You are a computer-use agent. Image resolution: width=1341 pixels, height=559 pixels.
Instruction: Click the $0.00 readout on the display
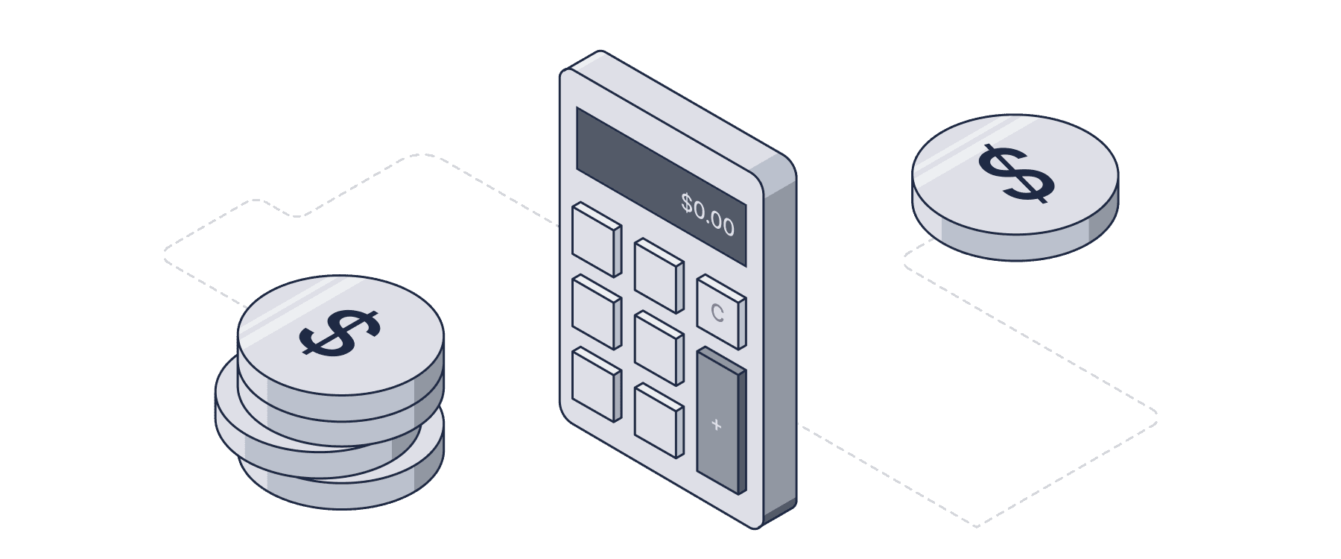pyautogui.click(x=707, y=214)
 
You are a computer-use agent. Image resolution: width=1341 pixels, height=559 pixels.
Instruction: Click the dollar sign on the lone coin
pyautogui.click(x=1015, y=174)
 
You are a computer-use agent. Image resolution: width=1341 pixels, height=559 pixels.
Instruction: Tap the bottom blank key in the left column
pyautogui.click(x=595, y=384)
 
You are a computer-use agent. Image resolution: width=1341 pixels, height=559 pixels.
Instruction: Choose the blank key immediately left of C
pyautogui.click(x=658, y=274)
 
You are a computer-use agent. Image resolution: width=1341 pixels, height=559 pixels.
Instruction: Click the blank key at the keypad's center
pyautogui.click(x=658, y=347)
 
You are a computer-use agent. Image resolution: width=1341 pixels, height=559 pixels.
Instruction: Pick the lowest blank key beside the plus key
pyautogui.click(x=658, y=420)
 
